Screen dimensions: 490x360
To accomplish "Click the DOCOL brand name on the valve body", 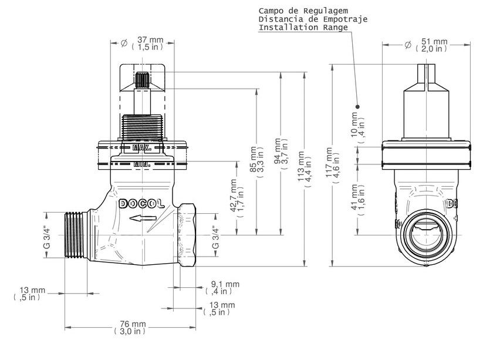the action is coord(142,204).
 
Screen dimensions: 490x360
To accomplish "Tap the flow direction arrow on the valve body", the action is coord(143,218).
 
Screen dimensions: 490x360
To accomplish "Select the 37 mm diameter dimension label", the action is coord(147,43).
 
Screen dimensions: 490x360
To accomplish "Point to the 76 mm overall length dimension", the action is coord(130,328).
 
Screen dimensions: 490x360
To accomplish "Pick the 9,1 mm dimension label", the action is coord(222,288).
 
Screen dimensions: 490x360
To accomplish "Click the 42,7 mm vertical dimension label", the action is coord(237,198).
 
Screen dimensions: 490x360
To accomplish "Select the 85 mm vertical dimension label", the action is coord(257,162).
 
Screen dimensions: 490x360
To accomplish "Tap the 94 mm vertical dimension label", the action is coord(281,154).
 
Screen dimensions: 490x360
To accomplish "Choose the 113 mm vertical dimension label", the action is coord(305,169).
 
